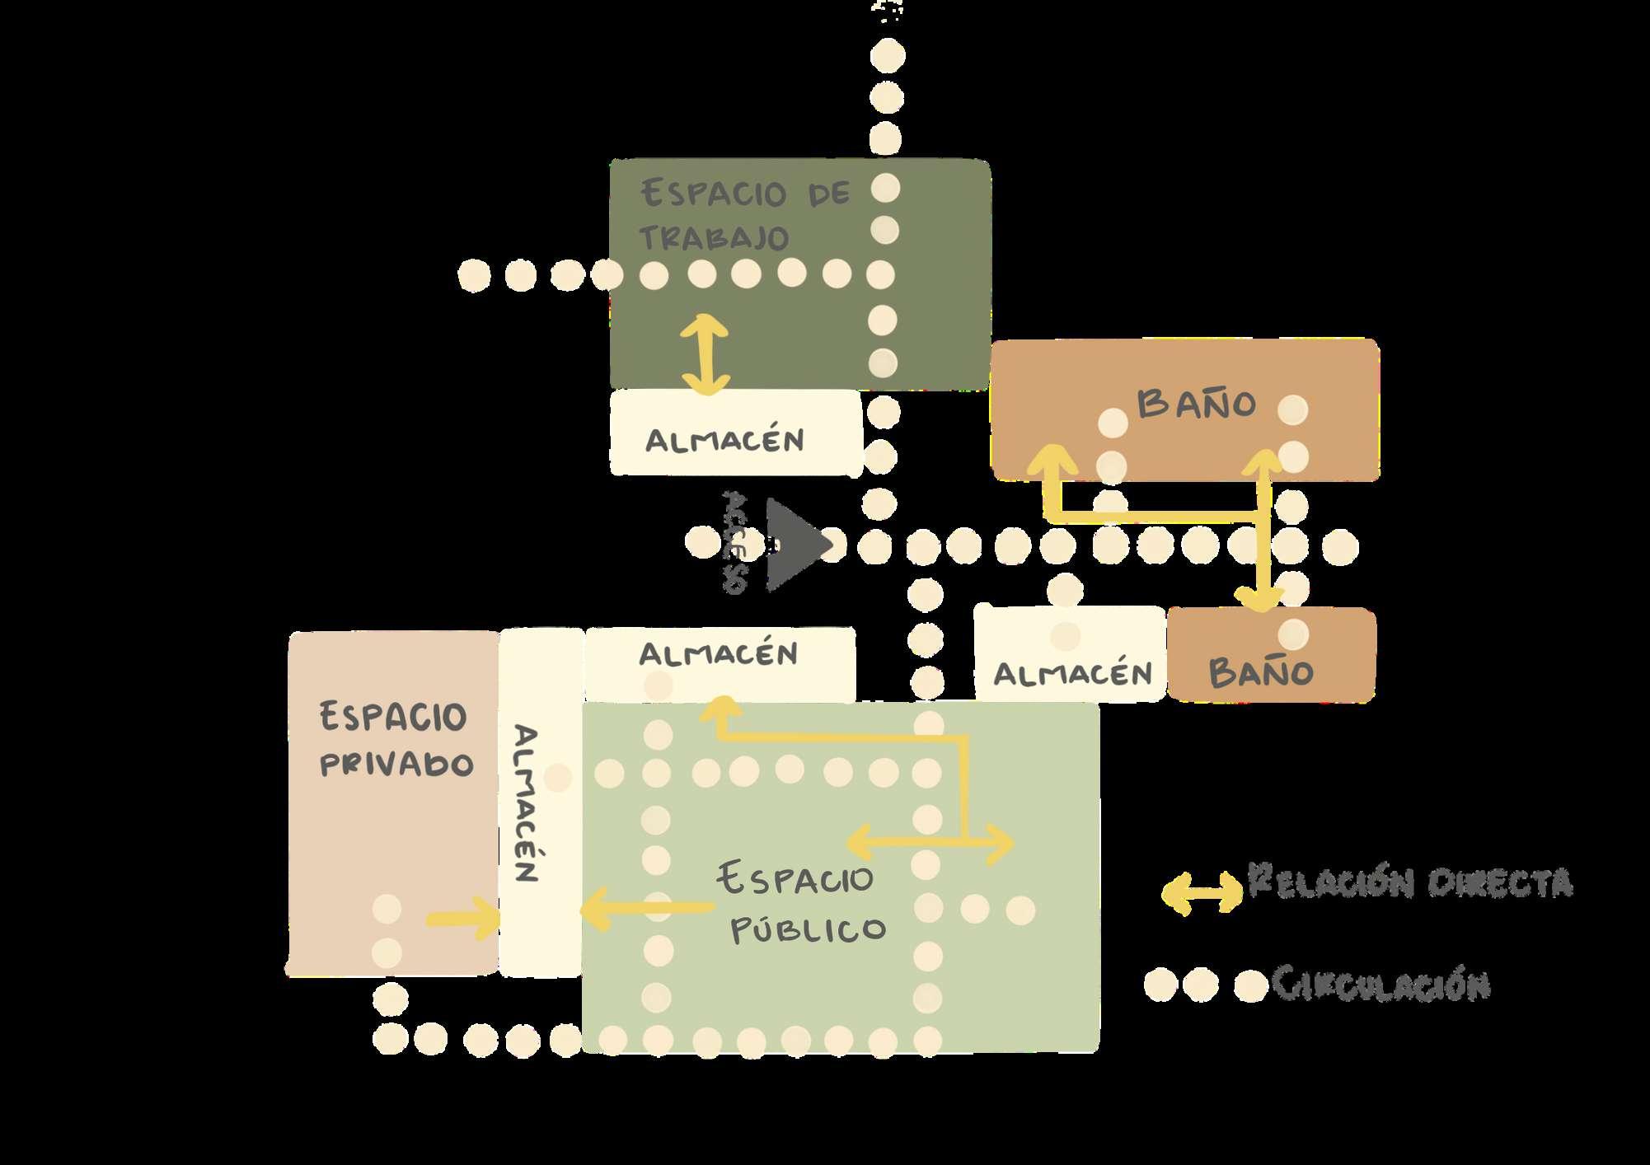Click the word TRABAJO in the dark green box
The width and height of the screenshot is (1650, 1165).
click(714, 237)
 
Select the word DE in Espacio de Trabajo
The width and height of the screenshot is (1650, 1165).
click(828, 194)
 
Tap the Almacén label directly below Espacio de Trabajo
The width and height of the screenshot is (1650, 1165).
click(724, 440)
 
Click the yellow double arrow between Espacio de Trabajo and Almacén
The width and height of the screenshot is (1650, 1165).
click(705, 354)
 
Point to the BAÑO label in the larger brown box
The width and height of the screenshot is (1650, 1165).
click(1196, 404)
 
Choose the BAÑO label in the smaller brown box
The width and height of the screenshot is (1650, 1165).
click(1261, 673)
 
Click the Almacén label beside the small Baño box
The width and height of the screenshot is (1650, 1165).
click(1072, 674)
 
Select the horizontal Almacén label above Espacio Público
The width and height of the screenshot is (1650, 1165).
click(718, 654)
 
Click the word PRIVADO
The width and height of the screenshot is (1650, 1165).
click(396, 765)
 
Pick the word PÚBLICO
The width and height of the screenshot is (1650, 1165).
click(808, 929)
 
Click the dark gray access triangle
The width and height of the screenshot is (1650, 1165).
click(792, 544)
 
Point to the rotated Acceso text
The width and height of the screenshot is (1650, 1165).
click(734, 543)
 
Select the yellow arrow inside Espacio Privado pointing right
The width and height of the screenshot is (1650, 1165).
click(463, 919)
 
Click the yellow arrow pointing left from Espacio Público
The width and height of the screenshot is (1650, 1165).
click(647, 908)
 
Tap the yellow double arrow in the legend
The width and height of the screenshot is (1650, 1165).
click(1202, 892)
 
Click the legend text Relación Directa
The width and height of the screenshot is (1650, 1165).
click(1410, 882)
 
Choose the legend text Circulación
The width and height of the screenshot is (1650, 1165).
click(1380, 984)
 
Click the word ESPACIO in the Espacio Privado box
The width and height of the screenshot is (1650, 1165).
click(393, 717)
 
